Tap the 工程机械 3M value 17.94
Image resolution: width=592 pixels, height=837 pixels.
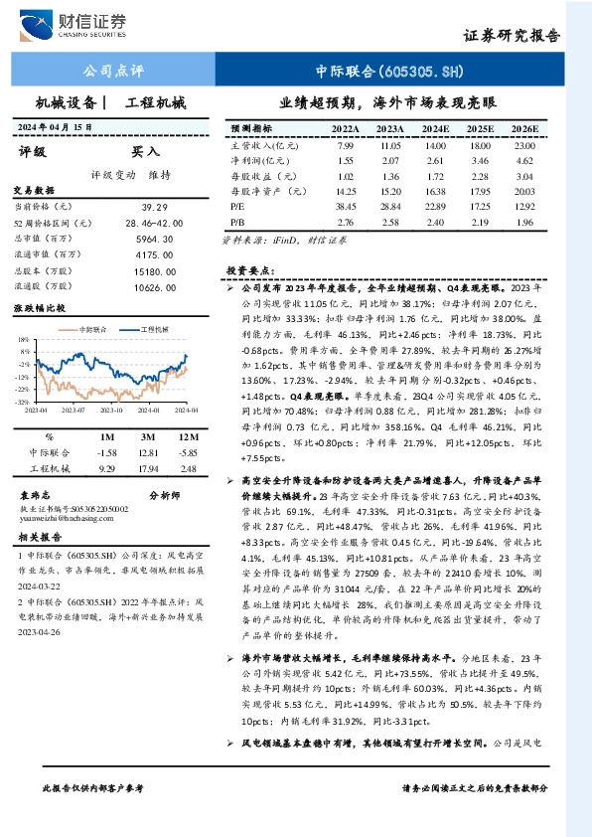coord(147,466)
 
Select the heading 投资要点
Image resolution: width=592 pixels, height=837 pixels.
coord(249,269)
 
